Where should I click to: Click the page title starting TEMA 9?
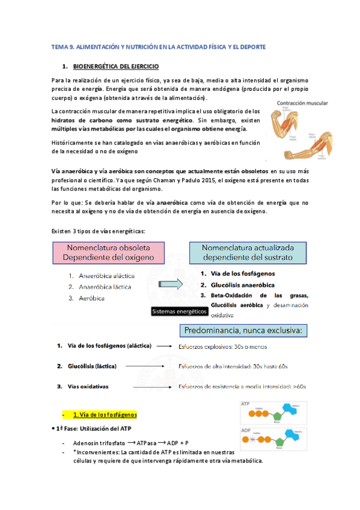[x=158, y=46]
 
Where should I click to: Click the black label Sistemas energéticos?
[x=177, y=312]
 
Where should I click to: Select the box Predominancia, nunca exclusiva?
[x=245, y=331]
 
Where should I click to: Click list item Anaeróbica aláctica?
[x=106, y=276]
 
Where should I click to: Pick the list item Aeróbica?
[x=92, y=298]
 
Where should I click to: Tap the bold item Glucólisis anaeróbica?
[x=242, y=284]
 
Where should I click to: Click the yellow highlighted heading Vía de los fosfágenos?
[x=105, y=414]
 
